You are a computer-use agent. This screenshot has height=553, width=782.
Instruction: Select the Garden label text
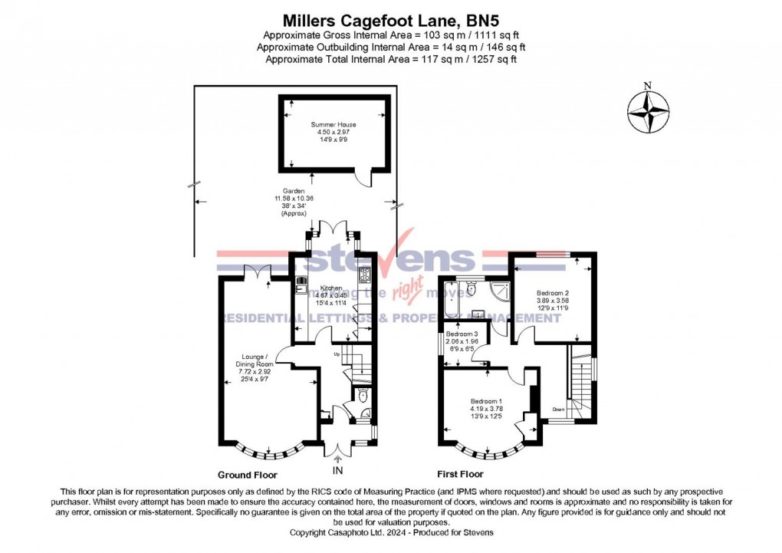click(x=294, y=191)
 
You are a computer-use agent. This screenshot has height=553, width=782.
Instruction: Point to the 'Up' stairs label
click(x=336, y=354)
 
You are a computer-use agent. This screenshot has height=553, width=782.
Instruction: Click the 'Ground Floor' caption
click(x=247, y=475)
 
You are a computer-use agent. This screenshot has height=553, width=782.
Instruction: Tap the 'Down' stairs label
click(x=559, y=410)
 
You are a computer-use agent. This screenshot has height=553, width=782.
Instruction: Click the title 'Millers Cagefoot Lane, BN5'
click(x=390, y=18)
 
